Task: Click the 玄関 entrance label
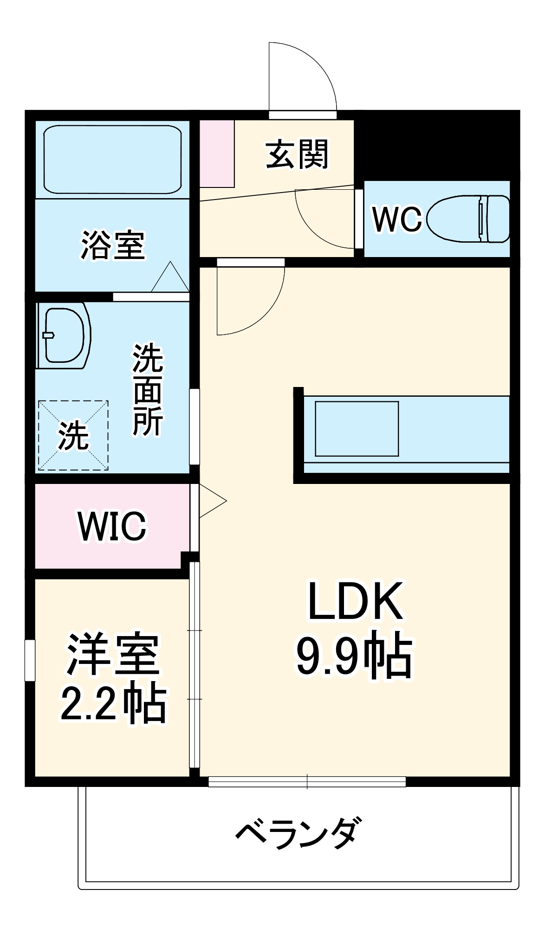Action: pos(297,155)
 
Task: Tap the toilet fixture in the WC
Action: pos(468,219)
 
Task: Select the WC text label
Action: pos(397,219)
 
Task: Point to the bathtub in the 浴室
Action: pos(112,159)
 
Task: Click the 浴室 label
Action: pos(113,245)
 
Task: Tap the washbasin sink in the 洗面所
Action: pos(64,335)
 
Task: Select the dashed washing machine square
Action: pos(73,435)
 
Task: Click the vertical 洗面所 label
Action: pos(148,390)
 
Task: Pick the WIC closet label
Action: pos(112,526)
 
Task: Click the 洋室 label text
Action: pos(113,654)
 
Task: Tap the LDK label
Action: pos(355,601)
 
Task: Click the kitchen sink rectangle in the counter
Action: pos(357,429)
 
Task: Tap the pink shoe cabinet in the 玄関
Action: pos(217,154)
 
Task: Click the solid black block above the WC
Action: pos(436,145)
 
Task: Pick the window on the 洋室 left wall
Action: pos(30,660)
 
